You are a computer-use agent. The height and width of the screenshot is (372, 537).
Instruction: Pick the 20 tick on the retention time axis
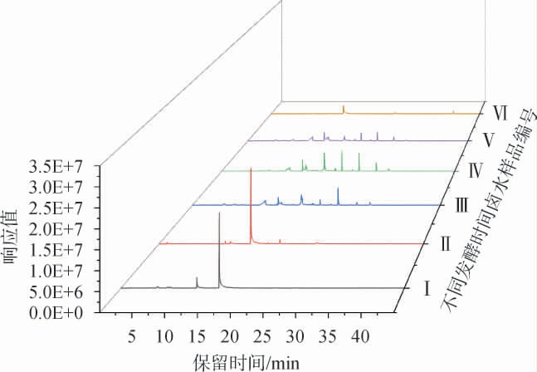[x=230, y=336]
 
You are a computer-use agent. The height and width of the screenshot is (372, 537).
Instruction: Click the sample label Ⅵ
[x=500, y=110]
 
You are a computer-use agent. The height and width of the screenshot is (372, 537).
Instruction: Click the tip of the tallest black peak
[x=219, y=213]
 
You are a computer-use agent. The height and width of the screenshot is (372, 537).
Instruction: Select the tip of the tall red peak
[x=251, y=169]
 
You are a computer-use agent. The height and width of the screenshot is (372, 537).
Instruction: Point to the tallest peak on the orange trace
[x=343, y=106]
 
